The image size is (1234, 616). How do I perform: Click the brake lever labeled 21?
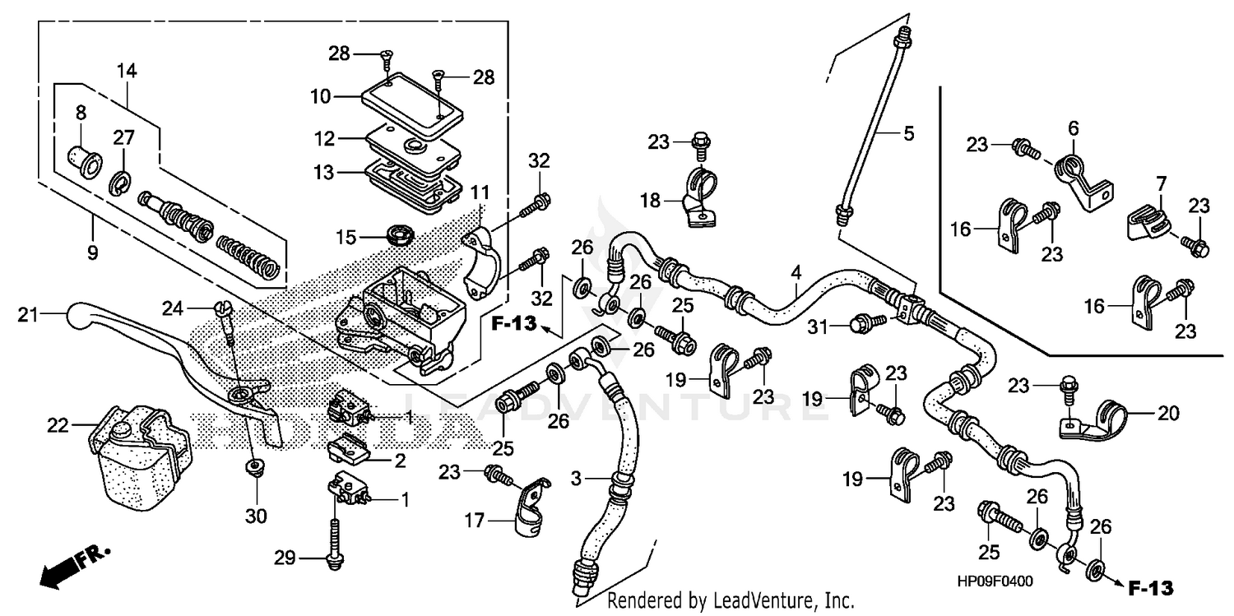click(x=165, y=345)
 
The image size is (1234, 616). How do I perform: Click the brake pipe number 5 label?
click(x=908, y=132)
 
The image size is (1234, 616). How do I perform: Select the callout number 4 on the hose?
click(x=796, y=271)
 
